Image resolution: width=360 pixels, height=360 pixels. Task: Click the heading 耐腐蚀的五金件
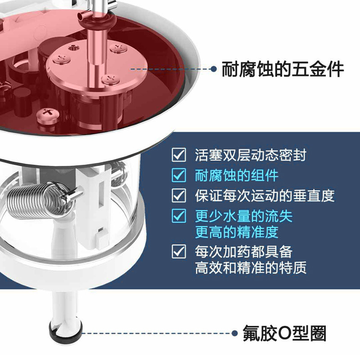[283, 69]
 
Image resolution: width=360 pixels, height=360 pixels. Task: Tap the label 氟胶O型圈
[284, 333]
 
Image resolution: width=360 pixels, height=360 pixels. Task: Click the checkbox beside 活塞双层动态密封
[179, 155]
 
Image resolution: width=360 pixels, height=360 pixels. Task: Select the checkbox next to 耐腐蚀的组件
[179, 175]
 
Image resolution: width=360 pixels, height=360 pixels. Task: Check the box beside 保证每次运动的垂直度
[179, 195]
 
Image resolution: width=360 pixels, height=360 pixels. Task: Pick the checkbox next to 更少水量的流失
[179, 216]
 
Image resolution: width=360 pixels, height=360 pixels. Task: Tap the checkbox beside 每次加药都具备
[179, 252]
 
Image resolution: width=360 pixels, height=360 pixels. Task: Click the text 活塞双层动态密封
[251, 155]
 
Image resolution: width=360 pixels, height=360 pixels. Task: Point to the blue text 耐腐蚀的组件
[237, 175]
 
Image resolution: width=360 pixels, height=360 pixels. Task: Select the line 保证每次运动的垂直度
[265, 196]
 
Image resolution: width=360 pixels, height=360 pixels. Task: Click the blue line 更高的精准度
[237, 232]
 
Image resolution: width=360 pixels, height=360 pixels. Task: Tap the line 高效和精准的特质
[251, 267]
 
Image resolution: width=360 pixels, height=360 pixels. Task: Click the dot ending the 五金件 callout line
[213, 69]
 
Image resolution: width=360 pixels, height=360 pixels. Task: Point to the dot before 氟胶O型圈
[234, 333]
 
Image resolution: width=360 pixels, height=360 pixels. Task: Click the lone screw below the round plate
[48, 116]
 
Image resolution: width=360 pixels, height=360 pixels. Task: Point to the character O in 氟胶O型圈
[284, 333]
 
